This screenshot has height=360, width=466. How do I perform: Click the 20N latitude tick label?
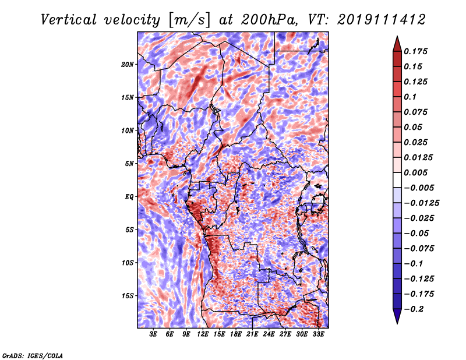tap(128, 64)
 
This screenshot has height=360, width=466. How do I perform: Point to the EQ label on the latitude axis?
tap(129, 196)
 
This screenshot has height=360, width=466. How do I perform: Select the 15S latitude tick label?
tap(128, 296)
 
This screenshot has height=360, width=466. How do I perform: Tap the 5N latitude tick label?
tap(129, 164)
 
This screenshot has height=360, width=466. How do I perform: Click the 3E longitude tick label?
tap(153, 334)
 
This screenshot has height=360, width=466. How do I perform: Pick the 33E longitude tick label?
tap(318, 334)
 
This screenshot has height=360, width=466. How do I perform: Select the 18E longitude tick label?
tap(236, 334)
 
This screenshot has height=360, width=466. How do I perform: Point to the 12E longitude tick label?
tap(203, 334)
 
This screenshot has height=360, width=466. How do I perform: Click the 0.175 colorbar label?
tap(415, 51)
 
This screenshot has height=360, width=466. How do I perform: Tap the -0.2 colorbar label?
tap(414, 309)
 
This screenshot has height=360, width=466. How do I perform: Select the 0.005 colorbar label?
tap(415, 172)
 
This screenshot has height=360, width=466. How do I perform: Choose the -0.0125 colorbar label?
tap(421, 203)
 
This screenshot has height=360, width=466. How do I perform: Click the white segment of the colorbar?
tap(397, 180)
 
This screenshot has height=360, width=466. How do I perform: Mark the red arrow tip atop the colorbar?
tap(397, 37)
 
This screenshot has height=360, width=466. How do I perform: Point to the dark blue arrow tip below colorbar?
tap(397, 323)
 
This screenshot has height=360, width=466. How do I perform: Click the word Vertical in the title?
tap(69, 20)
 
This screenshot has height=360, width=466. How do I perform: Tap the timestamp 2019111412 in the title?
tap(382, 20)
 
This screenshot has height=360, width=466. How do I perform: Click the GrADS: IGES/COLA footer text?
tap(33, 355)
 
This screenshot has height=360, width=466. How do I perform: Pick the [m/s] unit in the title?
tap(189, 20)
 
